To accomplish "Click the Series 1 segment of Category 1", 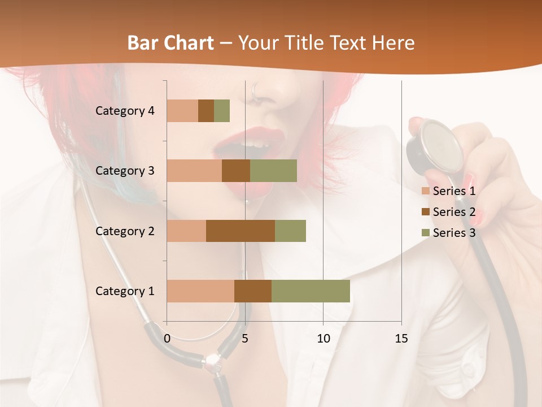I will pyautogui.click(x=200, y=291).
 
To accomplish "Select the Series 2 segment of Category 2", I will pyautogui.click(x=241, y=231).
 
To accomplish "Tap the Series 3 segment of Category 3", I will pyautogui.click(x=273, y=171).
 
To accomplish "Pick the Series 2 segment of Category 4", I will pyautogui.click(x=206, y=111).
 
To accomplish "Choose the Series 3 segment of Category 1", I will pyautogui.click(x=311, y=291).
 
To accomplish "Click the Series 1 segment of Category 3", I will pyautogui.click(x=194, y=171).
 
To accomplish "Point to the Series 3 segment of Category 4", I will pyautogui.click(x=222, y=111).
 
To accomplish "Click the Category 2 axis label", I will pyautogui.click(x=125, y=231).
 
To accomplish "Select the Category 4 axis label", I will pyautogui.click(x=125, y=111).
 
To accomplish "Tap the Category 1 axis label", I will pyautogui.click(x=125, y=291).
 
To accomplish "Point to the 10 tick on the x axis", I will pyautogui.click(x=323, y=339).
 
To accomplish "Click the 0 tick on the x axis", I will pyautogui.click(x=167, y=339).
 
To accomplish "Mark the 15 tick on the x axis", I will pyautogui.click(x=401, y=339).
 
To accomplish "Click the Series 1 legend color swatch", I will pyautogui.click(x=425, y=191).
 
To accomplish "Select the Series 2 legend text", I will pyautogui.click(x=454, y=212).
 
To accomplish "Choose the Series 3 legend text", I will pyautogui.click(x=454, y=233).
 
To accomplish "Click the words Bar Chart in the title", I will pyautogui.click(x=171, y=43).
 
